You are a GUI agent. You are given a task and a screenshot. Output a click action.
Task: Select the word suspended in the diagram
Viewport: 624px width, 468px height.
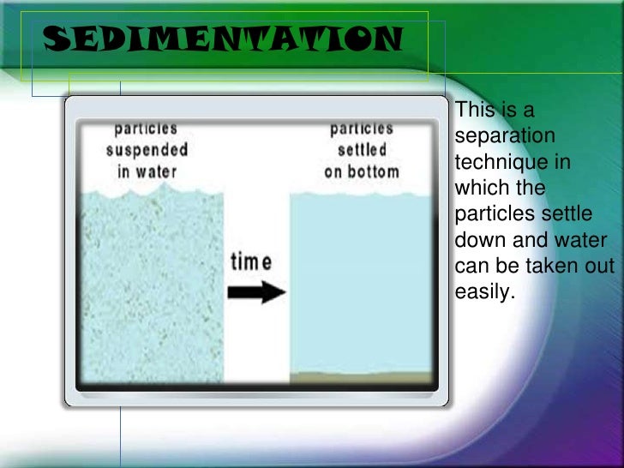pos(147,149)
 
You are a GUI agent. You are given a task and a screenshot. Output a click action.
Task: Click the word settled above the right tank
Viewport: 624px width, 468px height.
pos(362,150)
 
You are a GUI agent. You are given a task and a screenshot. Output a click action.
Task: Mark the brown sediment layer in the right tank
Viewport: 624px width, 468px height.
pos(361,378)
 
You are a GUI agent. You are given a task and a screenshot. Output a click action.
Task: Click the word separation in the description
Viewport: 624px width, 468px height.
pos(505,136)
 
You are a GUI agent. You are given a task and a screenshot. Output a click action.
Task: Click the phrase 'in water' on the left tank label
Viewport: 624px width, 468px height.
pos(147,170)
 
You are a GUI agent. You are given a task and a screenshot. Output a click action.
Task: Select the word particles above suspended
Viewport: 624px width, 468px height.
pos(147,129)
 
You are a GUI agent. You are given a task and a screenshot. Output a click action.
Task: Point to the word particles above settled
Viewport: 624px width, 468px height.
pos(362,129)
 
